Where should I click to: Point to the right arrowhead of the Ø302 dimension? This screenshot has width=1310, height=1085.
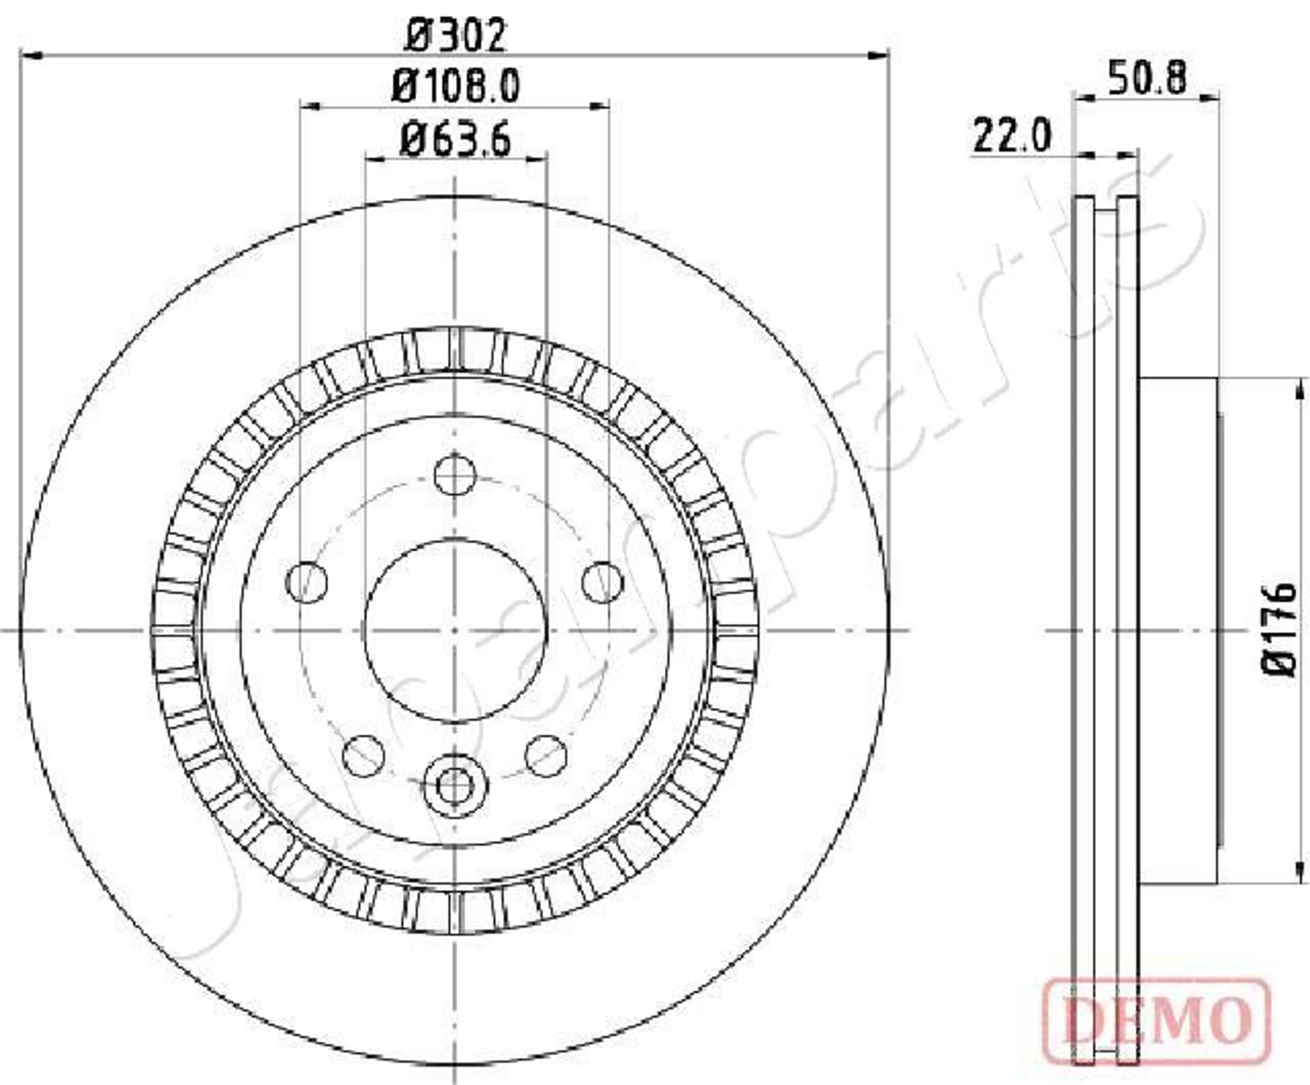pos(879,56)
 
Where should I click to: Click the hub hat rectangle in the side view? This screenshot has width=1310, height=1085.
pos(1178,630)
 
